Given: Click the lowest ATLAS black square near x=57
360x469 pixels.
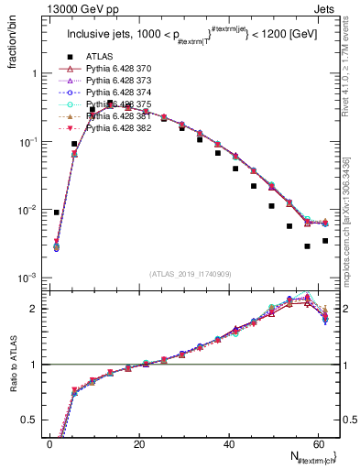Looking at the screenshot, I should point(308,246).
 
